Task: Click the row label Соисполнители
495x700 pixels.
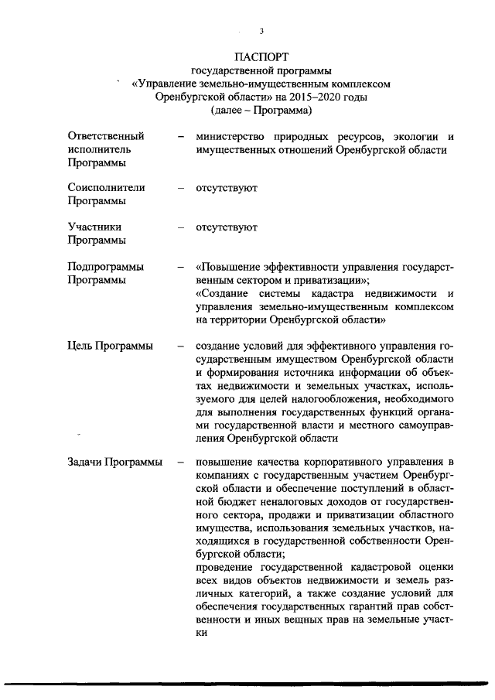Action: (x=106, y=188)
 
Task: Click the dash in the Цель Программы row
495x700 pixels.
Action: (x=180, y=346)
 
